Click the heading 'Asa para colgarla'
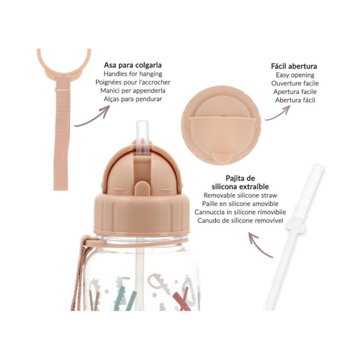(133, 65)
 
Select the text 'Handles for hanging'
(133, 74)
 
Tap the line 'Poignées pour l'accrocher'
(133, 82)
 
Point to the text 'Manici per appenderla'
(133, 91)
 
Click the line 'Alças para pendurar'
(133, 99)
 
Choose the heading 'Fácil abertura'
(294, 66)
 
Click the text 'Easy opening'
(295, 75)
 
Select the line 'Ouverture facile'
(295, 83)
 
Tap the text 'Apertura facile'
(295, 92)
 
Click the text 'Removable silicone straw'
(240, 196)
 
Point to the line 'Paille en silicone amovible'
(240, 204)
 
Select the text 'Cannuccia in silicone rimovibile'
(240, 212)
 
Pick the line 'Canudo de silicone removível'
(240, 220)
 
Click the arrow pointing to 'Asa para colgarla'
(94, 120)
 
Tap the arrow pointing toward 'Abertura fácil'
(278, 115)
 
